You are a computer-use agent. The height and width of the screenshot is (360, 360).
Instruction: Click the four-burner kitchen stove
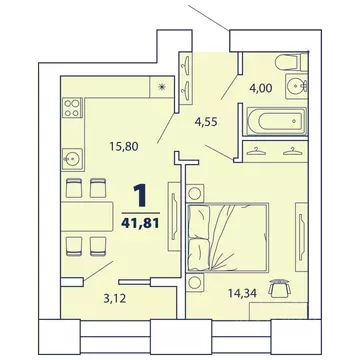74,107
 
